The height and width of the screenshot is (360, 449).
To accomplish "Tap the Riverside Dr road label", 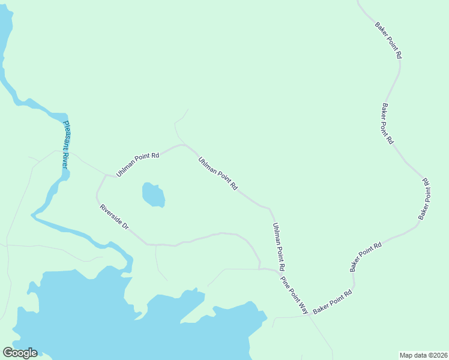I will pos(115,217).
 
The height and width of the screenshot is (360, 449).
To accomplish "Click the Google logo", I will pos(20,353).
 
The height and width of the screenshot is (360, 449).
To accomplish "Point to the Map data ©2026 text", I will pos(423,355).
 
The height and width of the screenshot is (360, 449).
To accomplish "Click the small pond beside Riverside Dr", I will pos(153,195).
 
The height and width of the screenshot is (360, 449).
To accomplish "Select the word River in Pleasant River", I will pos(64,160).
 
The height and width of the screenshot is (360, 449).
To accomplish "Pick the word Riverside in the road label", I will pos(111,214).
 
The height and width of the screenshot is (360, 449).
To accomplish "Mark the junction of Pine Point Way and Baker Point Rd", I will pos(310,316).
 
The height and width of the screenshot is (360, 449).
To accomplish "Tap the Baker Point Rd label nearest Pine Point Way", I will pos(333,302).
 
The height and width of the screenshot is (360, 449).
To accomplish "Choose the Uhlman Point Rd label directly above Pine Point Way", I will pos(278,246).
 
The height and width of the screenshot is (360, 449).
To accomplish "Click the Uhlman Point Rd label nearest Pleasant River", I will pos(137,164).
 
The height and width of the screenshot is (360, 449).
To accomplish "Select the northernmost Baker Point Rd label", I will pos(388,40).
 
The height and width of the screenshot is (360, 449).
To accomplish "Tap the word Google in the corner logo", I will pos(20,353).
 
